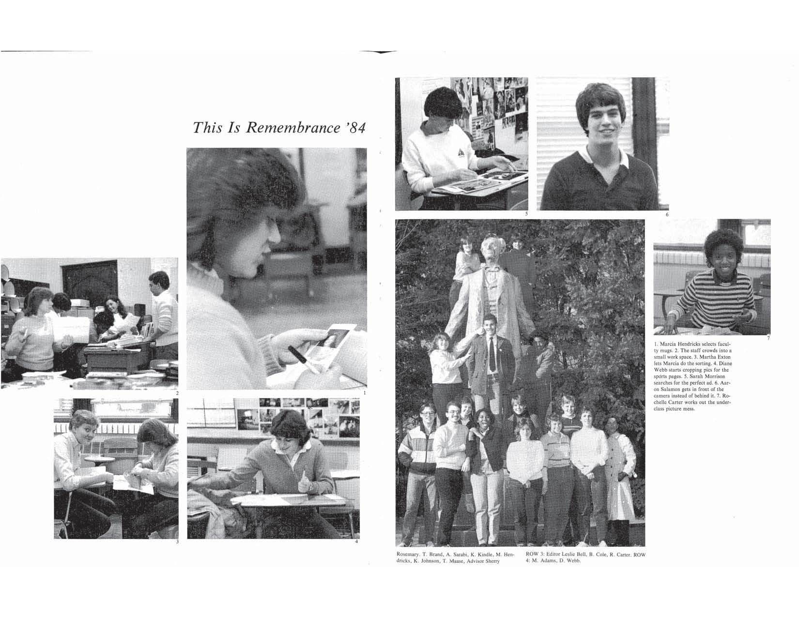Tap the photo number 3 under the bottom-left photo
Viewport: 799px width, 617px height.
177,542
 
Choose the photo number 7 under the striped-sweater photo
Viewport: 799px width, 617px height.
768,338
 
